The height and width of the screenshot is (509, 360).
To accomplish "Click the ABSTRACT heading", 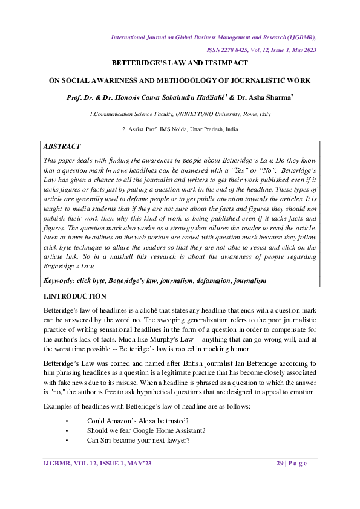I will click(x=62, y=146).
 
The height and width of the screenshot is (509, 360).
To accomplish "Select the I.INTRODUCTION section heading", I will click(x=75, y=296).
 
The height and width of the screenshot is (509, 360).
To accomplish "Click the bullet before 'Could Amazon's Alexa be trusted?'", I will click(x=65, y=420).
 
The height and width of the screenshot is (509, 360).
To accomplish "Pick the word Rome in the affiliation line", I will click(x=239, y=114).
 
